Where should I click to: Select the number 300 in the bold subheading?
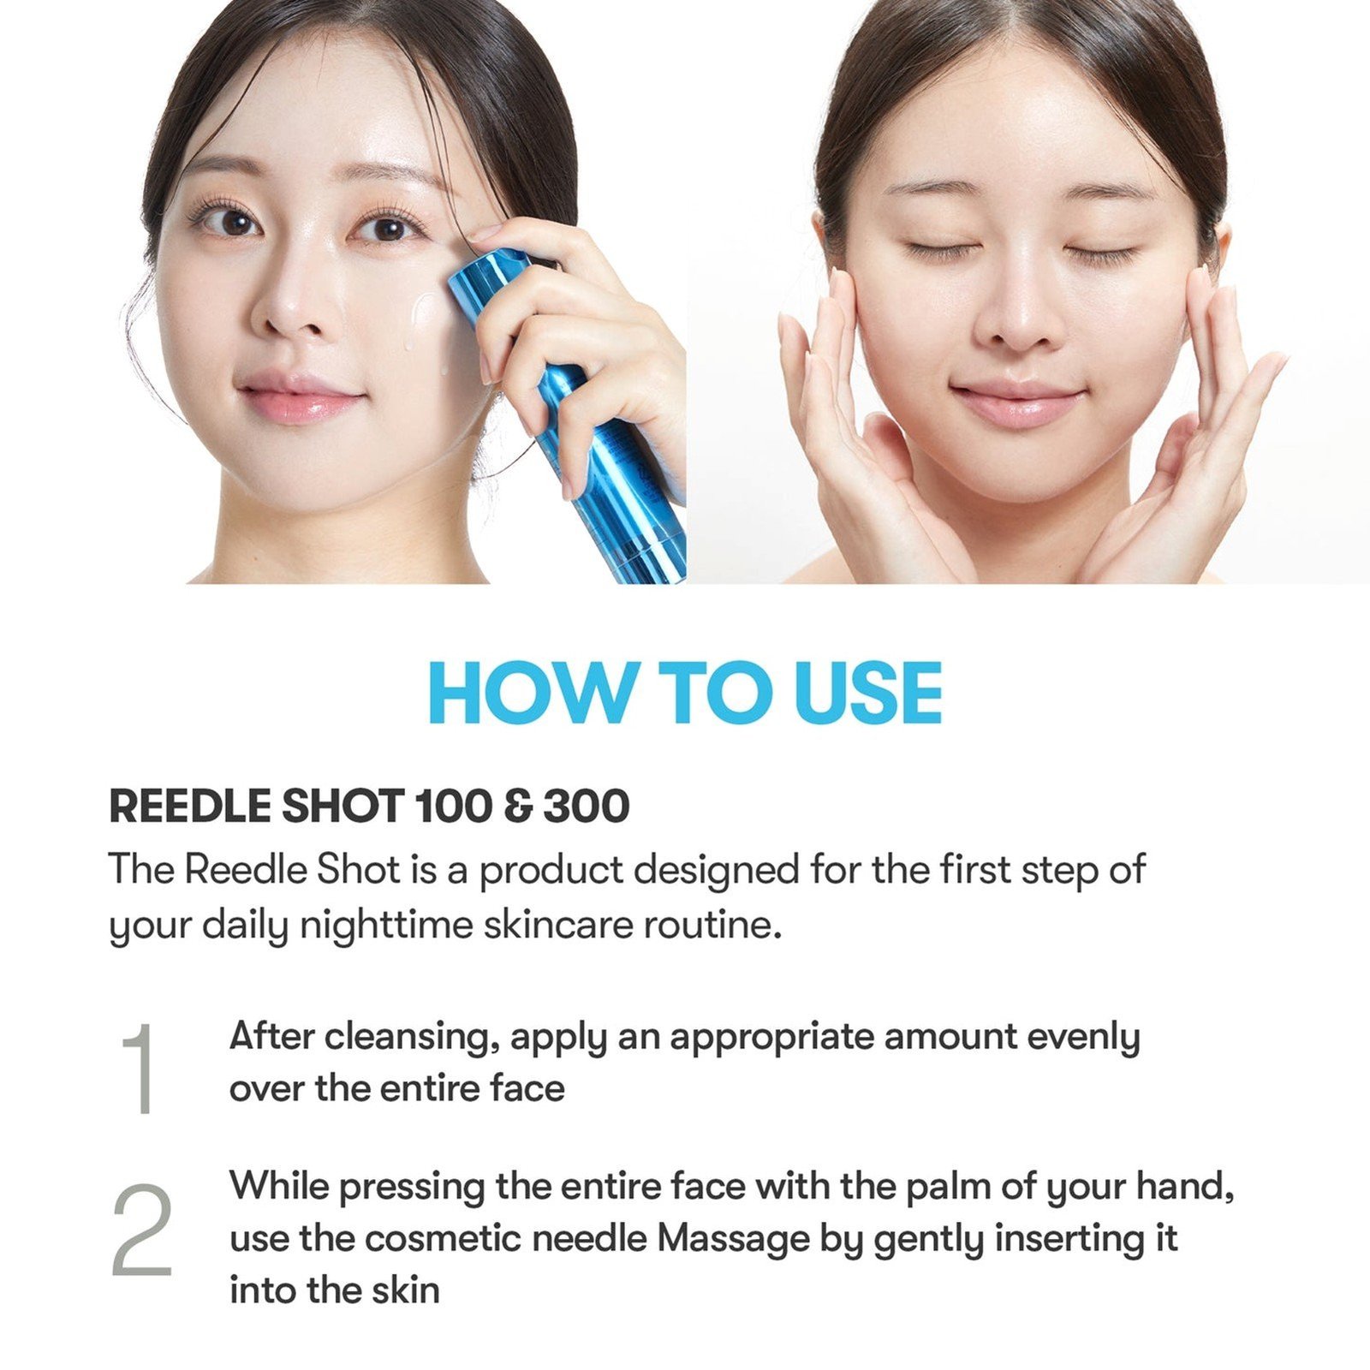[x=587, y=807]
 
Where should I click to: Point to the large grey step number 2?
[x=142, y=1230]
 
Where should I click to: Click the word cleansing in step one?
[x=412, y=1037]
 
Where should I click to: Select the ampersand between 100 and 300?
[x=517, y=807]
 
